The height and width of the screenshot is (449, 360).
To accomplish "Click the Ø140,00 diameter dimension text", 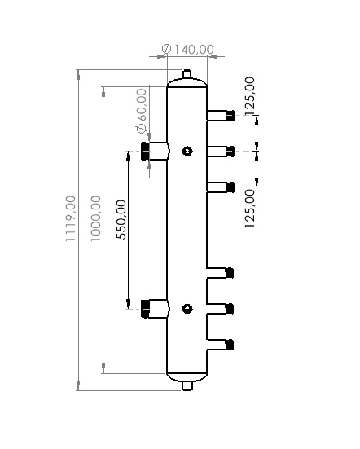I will coord(188,50).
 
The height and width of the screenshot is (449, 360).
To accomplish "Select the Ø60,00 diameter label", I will coord(143,110).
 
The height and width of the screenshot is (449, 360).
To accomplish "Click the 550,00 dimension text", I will coord(121,218).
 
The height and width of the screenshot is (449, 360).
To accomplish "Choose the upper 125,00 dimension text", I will coord(249,94).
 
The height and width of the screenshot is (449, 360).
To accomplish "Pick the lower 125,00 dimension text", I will coord(249,204).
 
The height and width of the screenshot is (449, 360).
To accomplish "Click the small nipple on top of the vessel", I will coord(187,76).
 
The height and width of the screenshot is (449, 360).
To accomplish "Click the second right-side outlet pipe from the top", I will coord(221,150).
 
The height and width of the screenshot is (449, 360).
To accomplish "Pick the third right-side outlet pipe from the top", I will coord(221,187).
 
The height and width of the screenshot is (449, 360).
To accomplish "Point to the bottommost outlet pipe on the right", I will coord(221,343).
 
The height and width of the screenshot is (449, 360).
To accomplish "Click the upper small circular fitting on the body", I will coord(187,151).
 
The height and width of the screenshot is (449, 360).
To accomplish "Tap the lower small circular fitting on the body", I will coord(187,308).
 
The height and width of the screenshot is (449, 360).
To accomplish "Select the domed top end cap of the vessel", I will coord(187,83).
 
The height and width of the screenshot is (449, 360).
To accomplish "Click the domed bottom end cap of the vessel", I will coord(187,375).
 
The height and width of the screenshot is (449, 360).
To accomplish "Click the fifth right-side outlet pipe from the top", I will coord(221,307).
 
